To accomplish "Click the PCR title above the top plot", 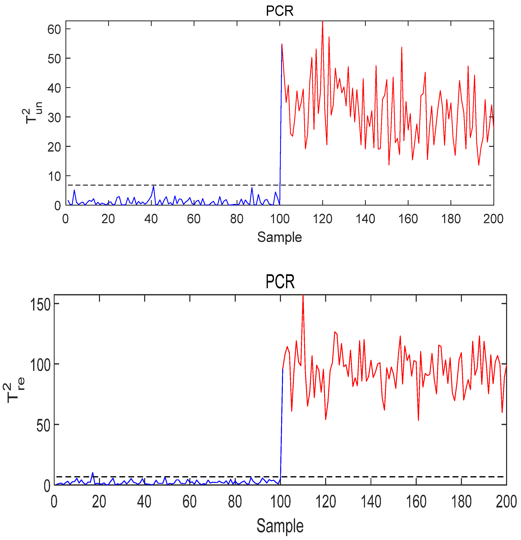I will [x=280, y=11].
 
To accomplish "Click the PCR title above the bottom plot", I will [x=280, y=282].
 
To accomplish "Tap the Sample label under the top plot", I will [x=280, y=237].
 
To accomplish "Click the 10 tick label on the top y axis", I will [x=54, y=176].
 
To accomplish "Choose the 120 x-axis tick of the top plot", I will [x=322, y=219].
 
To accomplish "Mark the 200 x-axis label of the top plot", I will [x=493, y=219].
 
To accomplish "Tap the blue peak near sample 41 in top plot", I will [x=153, y=186].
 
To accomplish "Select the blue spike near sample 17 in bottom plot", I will [x=92, y=473].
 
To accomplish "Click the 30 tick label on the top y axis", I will [x=54, y=117].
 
